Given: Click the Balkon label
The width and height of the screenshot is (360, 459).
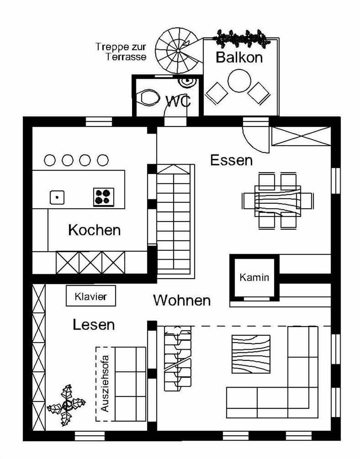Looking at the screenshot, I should tap(239, 57).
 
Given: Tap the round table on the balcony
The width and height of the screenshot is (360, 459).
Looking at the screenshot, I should tap(239, 80).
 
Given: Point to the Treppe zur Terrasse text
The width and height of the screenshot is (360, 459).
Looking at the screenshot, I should tap(121, 52).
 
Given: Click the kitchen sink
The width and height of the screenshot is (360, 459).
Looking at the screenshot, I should tap(57, 197).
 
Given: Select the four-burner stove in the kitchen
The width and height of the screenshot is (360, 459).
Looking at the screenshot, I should tap(103, 197).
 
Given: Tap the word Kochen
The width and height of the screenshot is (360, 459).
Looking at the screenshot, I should tap(94, 230).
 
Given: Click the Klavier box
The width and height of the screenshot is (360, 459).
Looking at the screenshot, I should tap(91, 296).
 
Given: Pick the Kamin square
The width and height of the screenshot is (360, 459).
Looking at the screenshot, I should tap(254, 277).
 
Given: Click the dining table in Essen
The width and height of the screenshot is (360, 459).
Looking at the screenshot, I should tap(277, 200).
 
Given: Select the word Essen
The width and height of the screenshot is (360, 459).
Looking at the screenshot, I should tap(231, 160).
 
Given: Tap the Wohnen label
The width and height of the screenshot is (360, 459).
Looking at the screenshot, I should tap(181, 300).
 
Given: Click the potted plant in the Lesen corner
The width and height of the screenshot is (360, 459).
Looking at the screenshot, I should tap(67, 405).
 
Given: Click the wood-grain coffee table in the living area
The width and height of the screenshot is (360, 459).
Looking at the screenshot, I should tap(251, 354).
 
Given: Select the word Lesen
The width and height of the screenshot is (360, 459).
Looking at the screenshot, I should tap(94, 325).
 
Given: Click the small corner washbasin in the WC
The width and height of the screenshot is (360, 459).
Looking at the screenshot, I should tap(186, 81).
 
